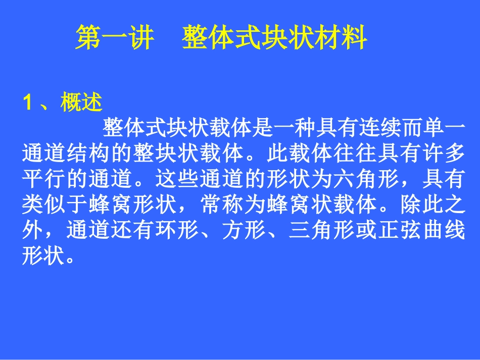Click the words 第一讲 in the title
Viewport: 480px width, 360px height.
[114, 39]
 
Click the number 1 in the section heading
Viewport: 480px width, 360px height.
[28, 103]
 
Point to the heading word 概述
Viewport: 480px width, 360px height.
[81, 103]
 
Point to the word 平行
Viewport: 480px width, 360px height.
[43, 179]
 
